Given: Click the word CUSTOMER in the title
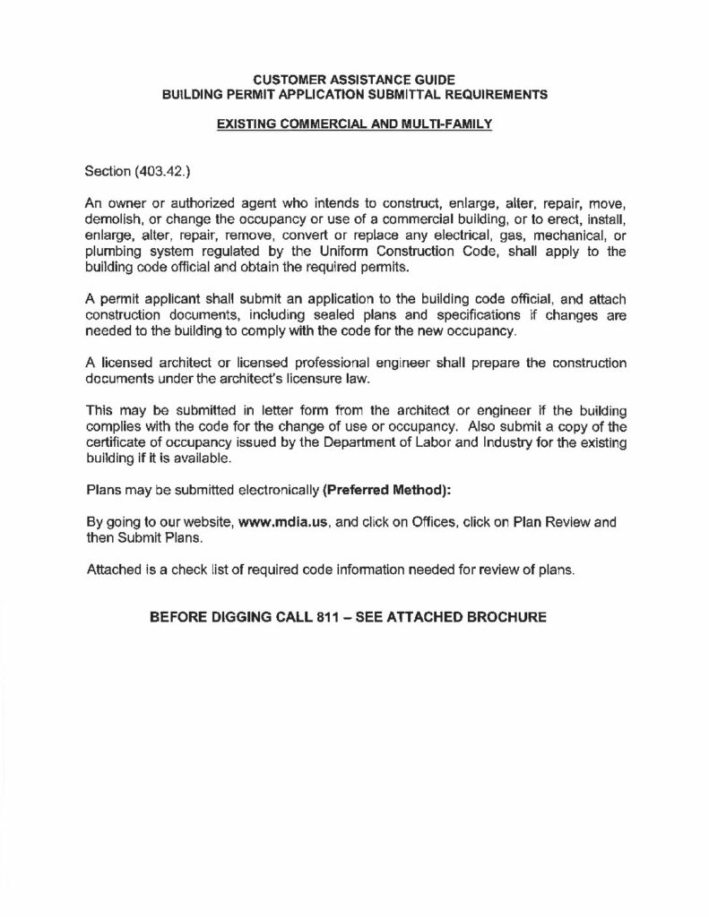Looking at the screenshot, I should pos(279,79).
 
